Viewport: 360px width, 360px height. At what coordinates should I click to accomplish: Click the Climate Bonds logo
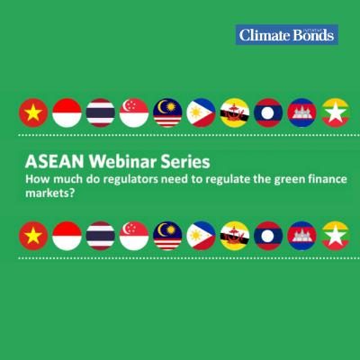coord(287,35)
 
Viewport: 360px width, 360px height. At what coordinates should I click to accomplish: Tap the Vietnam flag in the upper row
coord(34,113)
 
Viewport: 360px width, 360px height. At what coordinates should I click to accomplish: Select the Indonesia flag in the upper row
coord(67,113)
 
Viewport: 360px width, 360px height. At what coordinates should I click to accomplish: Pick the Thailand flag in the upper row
coord(101,113)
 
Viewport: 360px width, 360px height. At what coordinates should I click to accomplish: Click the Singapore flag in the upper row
coord(134,113)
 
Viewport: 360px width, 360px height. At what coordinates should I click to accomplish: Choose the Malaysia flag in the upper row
coord(167,113)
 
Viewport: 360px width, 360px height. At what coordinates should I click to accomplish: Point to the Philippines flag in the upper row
coord(201,113)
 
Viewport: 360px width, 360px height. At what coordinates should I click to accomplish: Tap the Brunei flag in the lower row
coord(234,237)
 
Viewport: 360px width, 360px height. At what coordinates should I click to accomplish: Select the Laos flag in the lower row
coord(267,237)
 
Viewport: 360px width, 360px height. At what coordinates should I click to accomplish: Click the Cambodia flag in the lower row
coord(301,237)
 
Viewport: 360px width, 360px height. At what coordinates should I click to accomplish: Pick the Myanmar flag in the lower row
coord(334,237)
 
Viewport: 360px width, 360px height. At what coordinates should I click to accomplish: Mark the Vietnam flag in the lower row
coord(34,237)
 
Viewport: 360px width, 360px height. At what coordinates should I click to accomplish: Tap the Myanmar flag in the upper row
coord(334,113)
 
